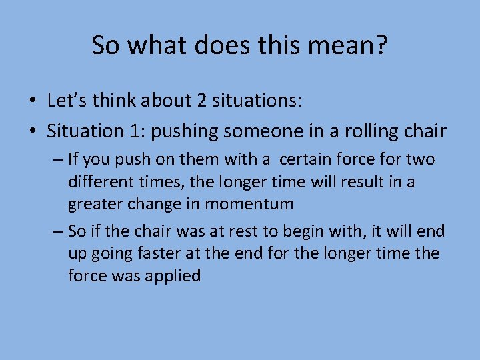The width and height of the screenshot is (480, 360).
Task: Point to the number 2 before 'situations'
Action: pos(202,101)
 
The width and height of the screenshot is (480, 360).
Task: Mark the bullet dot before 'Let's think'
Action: pos(32,101)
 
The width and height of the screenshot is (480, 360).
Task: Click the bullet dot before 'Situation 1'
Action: pos(32,132)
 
